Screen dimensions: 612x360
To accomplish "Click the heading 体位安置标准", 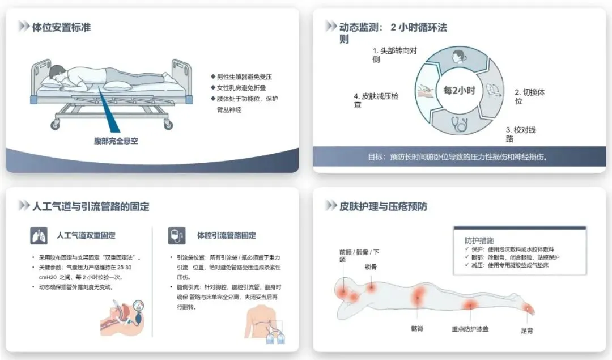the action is point(61,27).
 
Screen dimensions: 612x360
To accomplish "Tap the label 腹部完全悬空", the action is point(116,141).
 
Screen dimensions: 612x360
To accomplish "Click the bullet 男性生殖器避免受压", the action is point(241,77).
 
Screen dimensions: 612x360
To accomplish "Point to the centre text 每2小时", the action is point(459,91).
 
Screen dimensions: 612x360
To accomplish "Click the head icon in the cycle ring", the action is point(458,57).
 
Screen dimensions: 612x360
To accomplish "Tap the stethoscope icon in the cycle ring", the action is point(460,124).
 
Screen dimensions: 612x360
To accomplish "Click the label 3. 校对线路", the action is point(521,134).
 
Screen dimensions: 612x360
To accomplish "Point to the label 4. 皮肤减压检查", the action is point(376,100).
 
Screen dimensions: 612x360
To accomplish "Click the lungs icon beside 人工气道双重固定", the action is point(39,235).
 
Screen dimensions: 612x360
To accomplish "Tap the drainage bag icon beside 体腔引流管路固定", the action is point(176,235).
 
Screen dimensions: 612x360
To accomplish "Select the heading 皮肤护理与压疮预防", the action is point(383,206).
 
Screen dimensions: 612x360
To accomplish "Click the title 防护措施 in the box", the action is point(479,240).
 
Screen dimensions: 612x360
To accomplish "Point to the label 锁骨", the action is point(371,267).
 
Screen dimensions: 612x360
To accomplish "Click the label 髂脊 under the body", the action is point(417,329).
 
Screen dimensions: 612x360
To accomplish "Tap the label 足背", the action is point(526,331).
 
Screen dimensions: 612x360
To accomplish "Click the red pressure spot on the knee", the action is point(470,304).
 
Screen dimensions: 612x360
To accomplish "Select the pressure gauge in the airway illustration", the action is point(139,305).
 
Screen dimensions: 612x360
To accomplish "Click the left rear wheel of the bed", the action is point(56,125).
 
